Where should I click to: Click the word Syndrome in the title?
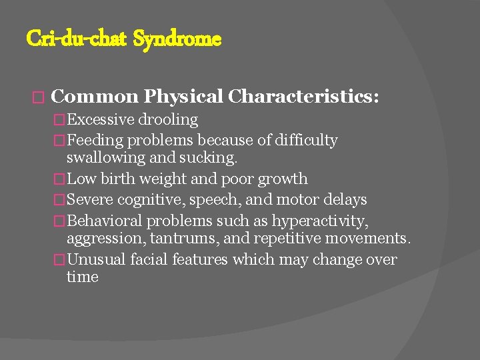pos(177,39)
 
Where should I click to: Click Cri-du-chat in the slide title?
pos(77,39)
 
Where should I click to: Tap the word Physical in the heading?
pos(183,97)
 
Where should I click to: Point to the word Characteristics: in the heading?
pos(303,97)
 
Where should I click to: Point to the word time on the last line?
pos(82,277)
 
